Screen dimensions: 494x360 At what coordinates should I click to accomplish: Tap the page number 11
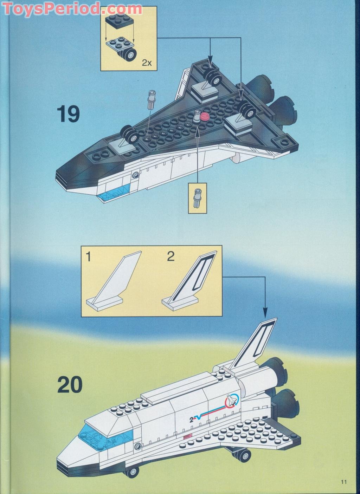coord(343,482)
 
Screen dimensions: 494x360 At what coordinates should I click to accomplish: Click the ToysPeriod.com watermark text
coord(72,8)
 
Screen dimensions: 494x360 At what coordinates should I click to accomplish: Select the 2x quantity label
coord(147,63)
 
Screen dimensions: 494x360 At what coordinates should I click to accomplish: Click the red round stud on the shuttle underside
coord(205,117)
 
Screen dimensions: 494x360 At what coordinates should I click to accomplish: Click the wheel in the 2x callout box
coord(130,54)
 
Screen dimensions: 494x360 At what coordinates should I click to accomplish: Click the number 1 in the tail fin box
coord(89,257)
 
